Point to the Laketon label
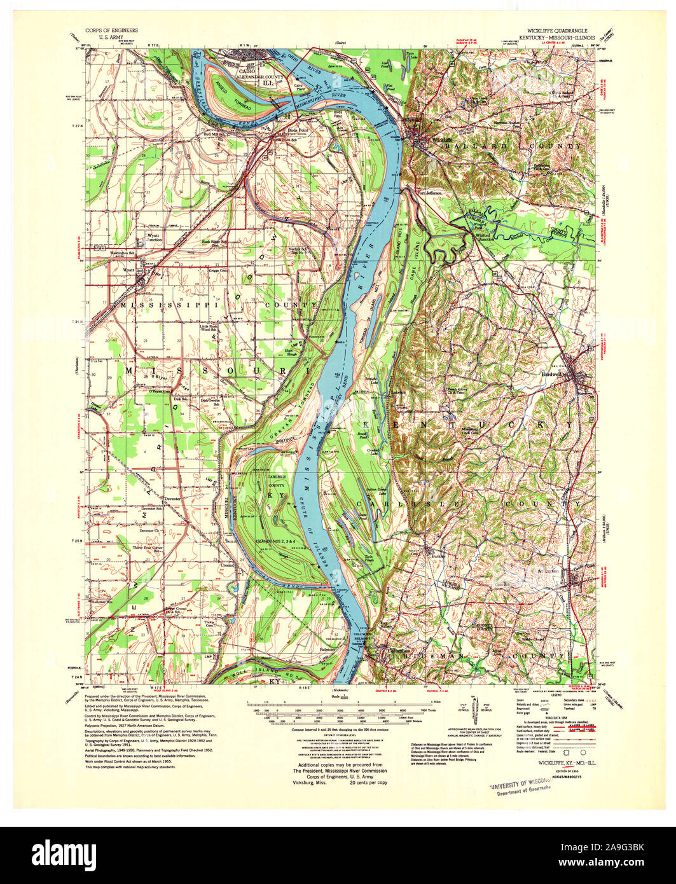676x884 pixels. pos(397,392)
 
